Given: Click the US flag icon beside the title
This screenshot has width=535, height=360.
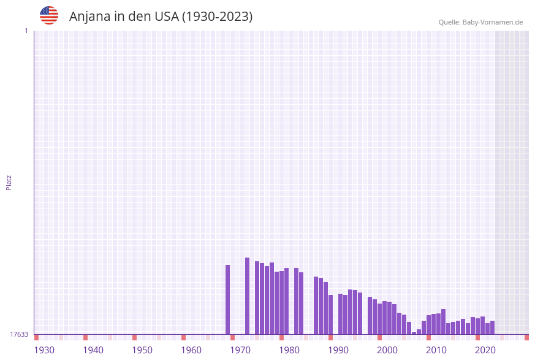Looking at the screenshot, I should (x=49, y=15).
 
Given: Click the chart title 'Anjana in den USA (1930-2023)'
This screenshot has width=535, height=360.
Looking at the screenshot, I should (x=161, y=17).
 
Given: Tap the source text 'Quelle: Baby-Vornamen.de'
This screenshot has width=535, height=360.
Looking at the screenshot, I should (x=480, y=22).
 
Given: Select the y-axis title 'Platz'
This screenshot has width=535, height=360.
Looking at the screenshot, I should (x=9, y=182).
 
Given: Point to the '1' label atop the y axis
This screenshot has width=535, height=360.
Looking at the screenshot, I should (x=26, y=31).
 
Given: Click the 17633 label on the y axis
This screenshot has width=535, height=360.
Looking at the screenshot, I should (x=19, y=334).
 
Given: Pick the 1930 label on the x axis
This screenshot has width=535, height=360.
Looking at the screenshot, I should (x=44, y=350).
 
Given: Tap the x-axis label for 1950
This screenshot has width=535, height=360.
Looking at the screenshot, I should (x=142, y=350).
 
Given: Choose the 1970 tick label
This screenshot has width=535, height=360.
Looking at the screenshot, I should (x=240, y=350).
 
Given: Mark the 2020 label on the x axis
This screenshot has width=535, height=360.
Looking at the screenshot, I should (x=485, y=350).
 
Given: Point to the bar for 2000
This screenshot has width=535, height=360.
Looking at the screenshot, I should (x=380, y=319).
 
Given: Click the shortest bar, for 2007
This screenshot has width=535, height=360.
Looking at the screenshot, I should (x=414, y=333).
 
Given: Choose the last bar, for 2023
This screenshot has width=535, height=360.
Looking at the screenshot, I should (x=493, y=327).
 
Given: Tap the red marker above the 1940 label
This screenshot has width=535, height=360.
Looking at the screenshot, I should (x=86, y=337).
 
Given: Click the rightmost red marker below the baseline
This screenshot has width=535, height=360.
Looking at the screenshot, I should (x=526, y=337).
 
